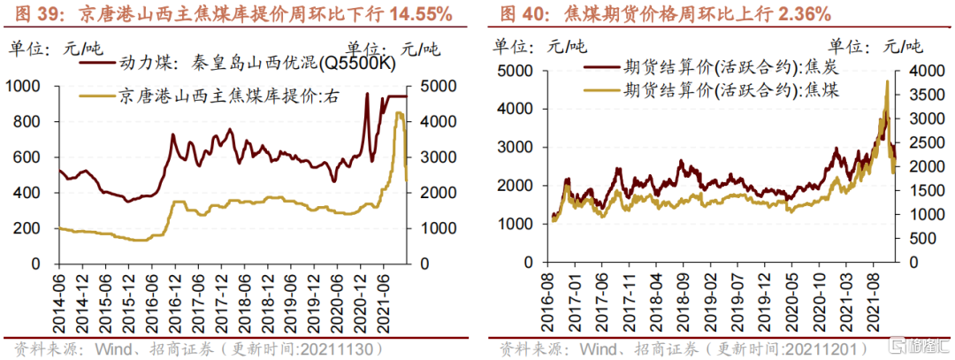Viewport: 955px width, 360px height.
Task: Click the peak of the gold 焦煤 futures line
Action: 886,82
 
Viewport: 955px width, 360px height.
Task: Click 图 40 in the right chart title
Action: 518,14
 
